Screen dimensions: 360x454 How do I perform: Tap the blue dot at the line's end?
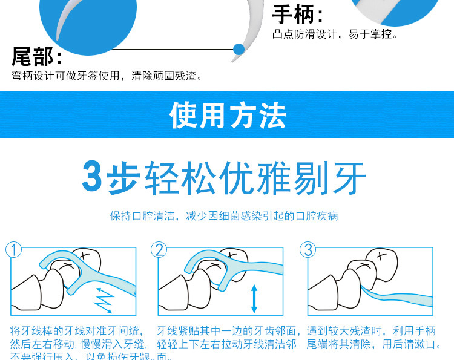[x=239, y=48]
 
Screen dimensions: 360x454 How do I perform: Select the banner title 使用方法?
[x=228, y=114]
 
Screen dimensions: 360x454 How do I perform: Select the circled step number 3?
[x=308, y=249]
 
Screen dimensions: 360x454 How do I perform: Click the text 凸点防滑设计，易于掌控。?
[x=335, y=34]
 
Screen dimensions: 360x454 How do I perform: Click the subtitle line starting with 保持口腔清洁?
[x=224, y=216]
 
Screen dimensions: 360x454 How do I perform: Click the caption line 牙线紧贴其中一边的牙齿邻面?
[x=229, y=330]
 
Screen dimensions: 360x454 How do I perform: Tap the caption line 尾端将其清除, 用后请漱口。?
[x=372, y=344]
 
